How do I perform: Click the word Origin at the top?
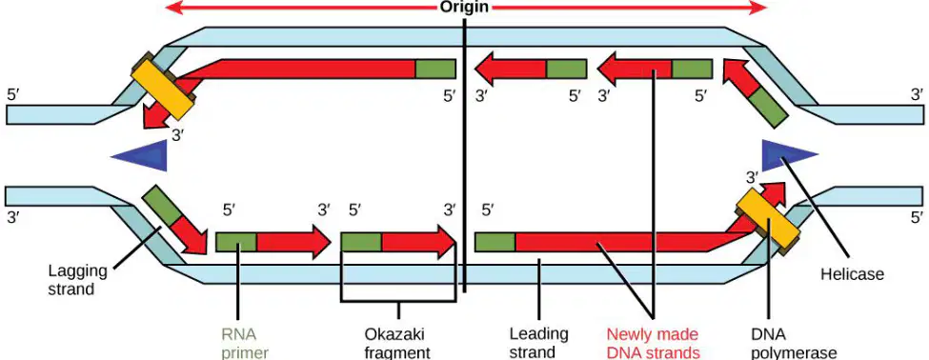click(x=464, y=7)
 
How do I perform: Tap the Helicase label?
click(x=852, y=274)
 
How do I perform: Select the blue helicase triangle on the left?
click(x=140, y=155)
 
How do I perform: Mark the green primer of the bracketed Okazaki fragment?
click(x=361, y=242)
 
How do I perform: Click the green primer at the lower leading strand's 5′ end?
click(x=495, y=242)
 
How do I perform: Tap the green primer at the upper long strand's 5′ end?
click(x=435, y=69)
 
